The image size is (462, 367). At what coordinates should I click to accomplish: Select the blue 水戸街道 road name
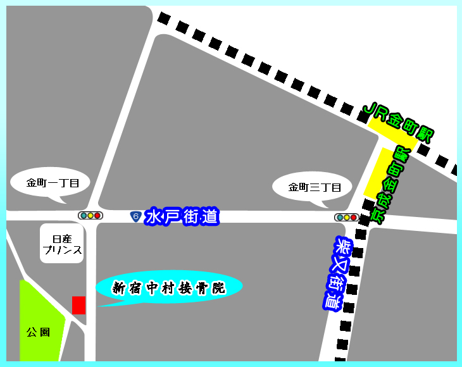[182, 217]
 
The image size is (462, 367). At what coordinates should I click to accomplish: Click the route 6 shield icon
[135, 216]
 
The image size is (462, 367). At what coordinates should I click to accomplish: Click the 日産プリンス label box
[62, 244]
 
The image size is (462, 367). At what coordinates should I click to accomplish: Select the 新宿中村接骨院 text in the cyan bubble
[168, 289]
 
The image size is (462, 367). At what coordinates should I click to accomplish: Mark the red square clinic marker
[78, 305]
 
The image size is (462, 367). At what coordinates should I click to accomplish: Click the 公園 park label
[38, 332]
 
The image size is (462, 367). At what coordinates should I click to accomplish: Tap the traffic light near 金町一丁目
[90, 216]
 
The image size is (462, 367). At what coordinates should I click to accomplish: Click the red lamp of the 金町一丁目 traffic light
[97, 216]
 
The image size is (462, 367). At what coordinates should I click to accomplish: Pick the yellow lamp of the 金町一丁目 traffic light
[90, 216]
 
